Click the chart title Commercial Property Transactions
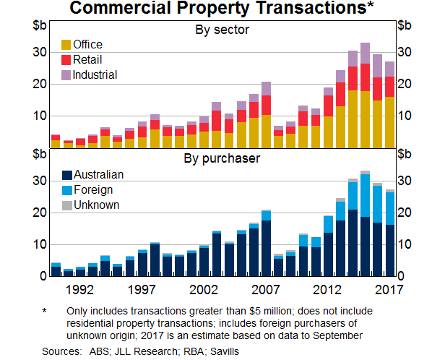point(217,9)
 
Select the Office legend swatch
point(66,45)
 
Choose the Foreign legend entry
point(94,189)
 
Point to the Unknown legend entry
point(97,205)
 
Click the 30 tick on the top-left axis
point(40,53)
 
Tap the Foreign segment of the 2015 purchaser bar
point(365,195)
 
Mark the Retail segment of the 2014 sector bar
point(353,78)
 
